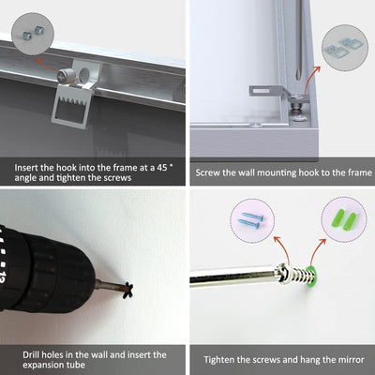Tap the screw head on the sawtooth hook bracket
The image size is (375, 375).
(x=67, y=76)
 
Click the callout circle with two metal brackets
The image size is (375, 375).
(x=345, y=48)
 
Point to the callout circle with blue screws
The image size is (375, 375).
(x=252, y=220)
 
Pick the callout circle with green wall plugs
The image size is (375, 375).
(x=344, y=219)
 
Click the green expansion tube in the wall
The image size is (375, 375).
(x=311, y=277)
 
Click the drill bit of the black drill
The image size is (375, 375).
(x=110, y=285)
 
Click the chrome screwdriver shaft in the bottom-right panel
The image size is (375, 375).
(x=232, y=277)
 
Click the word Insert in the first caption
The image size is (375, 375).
(x=26, y=168)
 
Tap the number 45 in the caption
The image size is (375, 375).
(x=162, y=168)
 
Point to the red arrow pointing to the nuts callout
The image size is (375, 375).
(x=47, y=63)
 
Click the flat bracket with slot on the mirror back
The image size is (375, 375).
(x=265, y=91)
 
